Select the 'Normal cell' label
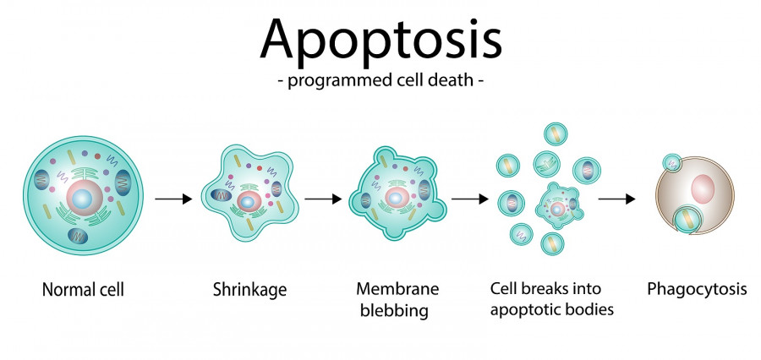(x=83, y=290)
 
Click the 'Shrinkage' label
(x=249, y=290)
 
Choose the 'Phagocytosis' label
(x=697, y=289)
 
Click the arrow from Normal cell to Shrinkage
(x=173, y=199)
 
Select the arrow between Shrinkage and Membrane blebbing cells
(x=322, y=199)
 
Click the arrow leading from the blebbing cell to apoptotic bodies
(x=470, y=199)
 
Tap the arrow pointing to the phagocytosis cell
(x=617, y=199)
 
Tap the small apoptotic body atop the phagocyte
(x=671, y=161)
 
